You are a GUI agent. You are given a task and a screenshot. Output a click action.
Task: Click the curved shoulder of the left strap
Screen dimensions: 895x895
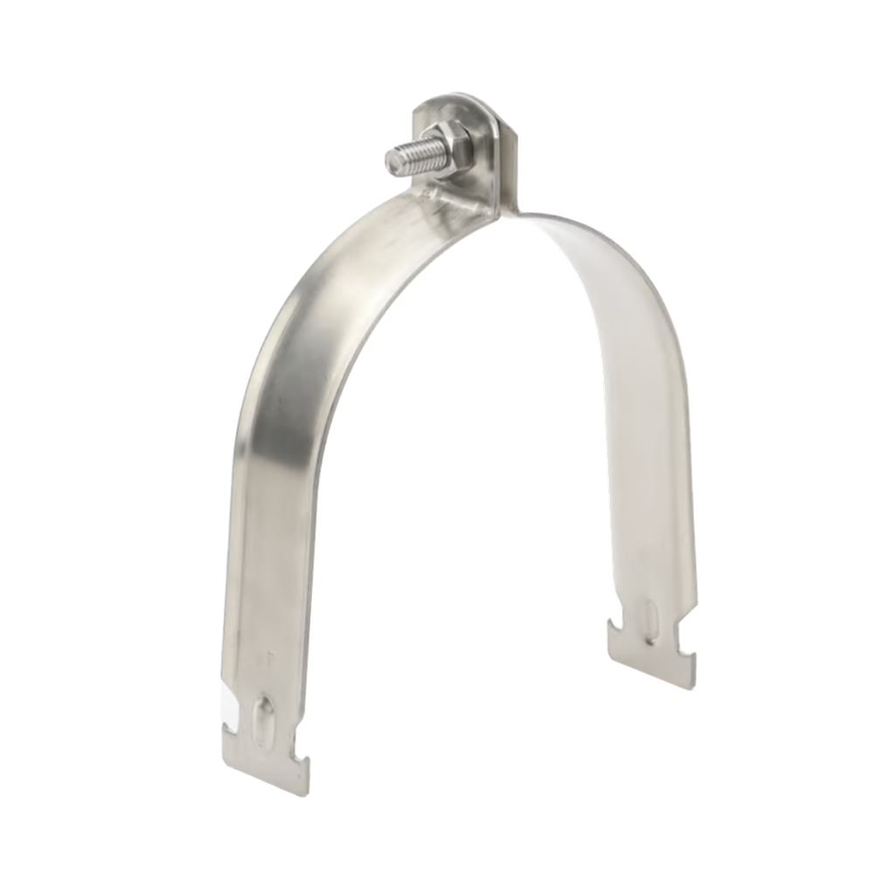tap(288, 323)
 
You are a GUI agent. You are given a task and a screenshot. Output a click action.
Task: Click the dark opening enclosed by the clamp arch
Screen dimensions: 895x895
tap(472, 481)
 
